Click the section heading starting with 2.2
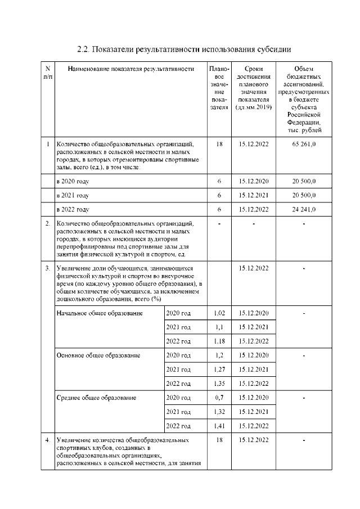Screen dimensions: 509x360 pos(184,49)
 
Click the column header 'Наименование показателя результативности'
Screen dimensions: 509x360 pos(130,69)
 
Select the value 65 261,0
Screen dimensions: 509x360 pos(304,145)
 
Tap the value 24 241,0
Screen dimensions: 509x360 pos(304,209)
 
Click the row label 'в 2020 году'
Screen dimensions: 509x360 pos(73,181)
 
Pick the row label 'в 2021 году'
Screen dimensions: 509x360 pos(73,195)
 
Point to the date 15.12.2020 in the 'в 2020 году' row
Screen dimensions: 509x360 pos(254,181)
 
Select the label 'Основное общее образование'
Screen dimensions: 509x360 pos(98,355)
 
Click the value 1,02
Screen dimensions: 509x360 pos(219,313)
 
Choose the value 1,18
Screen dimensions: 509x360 pos(219,341)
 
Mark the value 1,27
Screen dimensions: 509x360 pos(219,370)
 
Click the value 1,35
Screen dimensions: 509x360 pos(219,384)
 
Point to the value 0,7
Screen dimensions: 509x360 pos(219,398)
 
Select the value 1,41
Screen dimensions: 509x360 pos(219,426)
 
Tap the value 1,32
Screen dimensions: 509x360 pos(219,412)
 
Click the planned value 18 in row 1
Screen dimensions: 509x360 pos(219,145)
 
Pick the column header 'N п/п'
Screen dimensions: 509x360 pos(47,72)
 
